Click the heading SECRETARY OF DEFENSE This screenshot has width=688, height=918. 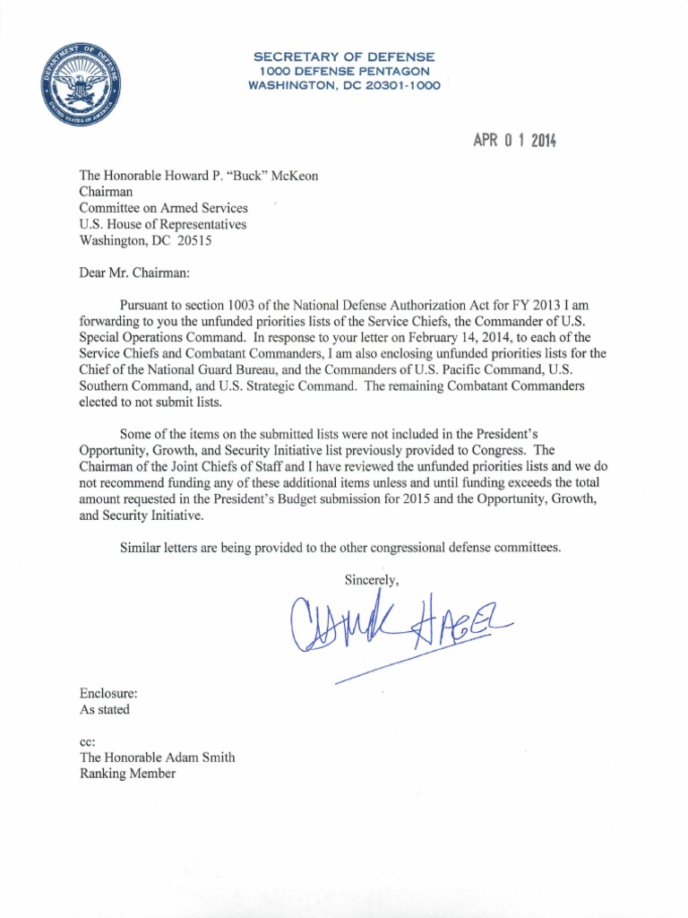coord(344,57)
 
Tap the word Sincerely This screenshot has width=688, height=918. coord(371,580)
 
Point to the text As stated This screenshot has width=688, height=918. coord(105,709)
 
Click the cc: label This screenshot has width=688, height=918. coord(87,741)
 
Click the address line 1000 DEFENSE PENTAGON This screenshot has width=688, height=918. coord(344,71)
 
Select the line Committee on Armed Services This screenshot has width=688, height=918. coord(164,208)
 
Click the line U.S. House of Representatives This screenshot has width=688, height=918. coord(163,224)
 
